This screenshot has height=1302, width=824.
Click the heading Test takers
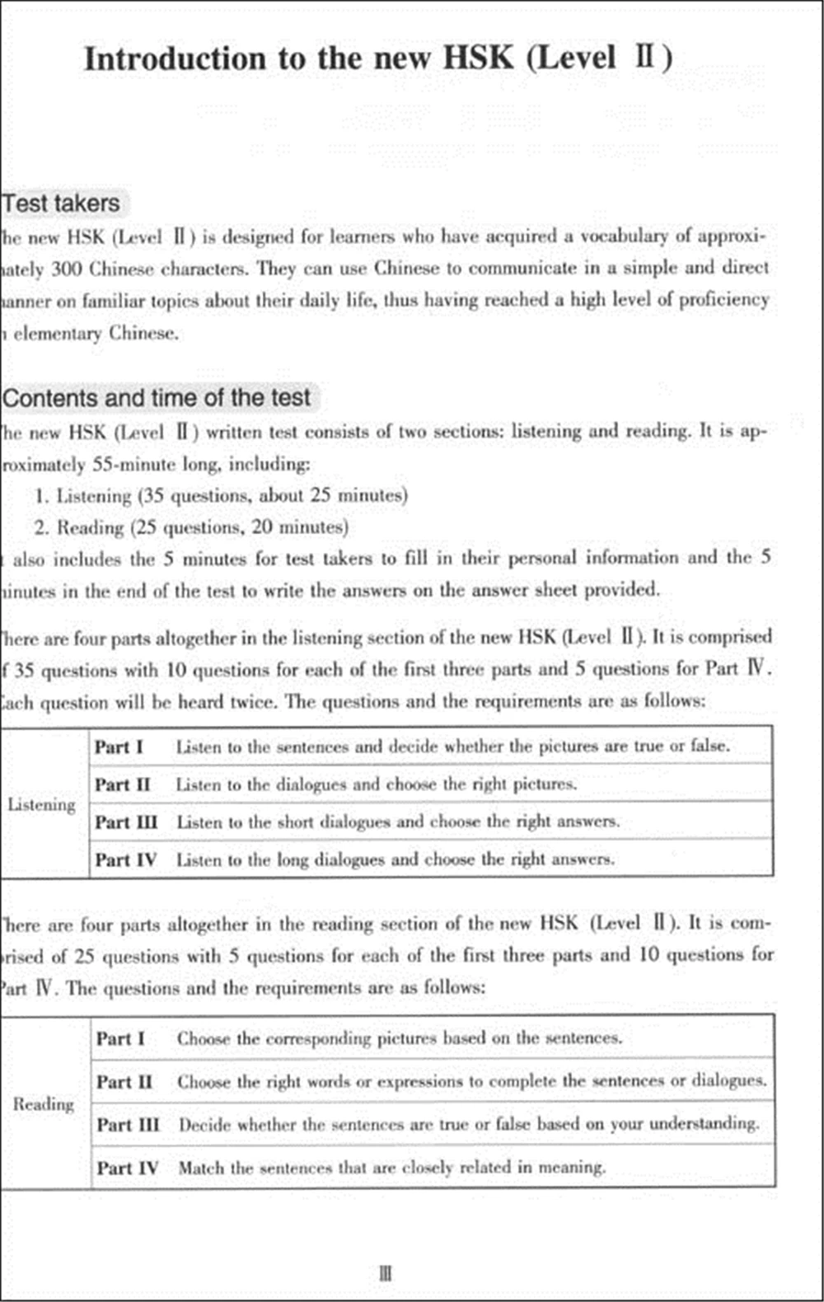tap(61, 204)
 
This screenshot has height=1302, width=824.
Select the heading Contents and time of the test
tap(157, 398)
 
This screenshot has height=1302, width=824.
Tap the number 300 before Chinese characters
tap(67, 269)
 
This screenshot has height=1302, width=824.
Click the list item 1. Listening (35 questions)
tap(222, 496)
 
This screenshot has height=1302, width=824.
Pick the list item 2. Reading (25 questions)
tap(191, 527)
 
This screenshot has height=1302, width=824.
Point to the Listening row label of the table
tap(41, 804)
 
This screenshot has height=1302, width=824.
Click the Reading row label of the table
tap(43, 1103)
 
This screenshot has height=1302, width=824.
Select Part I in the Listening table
tap(119, 747)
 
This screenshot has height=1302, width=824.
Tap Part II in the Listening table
tap(122, 784)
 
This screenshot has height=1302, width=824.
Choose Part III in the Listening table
tap(125, 822)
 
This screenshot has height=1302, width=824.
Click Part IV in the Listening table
tap(124, 860)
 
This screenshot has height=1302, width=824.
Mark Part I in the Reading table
tap(120, 1038)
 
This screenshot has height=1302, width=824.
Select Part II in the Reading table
tap(124, 1081)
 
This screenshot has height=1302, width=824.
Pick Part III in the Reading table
tap(127, 1125)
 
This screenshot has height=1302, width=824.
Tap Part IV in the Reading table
tap(127, 1168)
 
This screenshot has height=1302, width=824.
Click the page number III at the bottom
tap(386, 1273)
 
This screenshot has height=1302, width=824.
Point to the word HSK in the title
tap(478, 59)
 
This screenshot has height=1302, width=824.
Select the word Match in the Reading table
tap(201, 1168)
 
